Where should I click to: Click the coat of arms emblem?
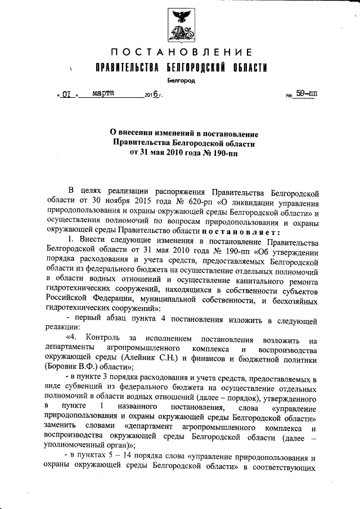(x=181, y=22)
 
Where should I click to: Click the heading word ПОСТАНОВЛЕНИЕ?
(x=181, y=53)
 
